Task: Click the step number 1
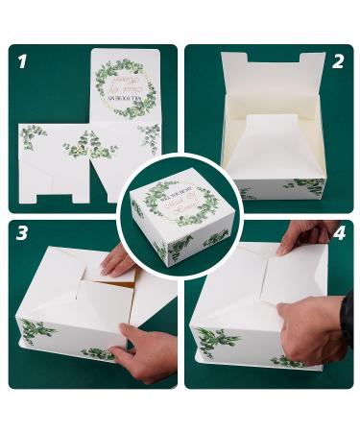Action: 22,63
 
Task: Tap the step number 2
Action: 337,62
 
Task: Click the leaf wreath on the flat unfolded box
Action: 125,86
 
